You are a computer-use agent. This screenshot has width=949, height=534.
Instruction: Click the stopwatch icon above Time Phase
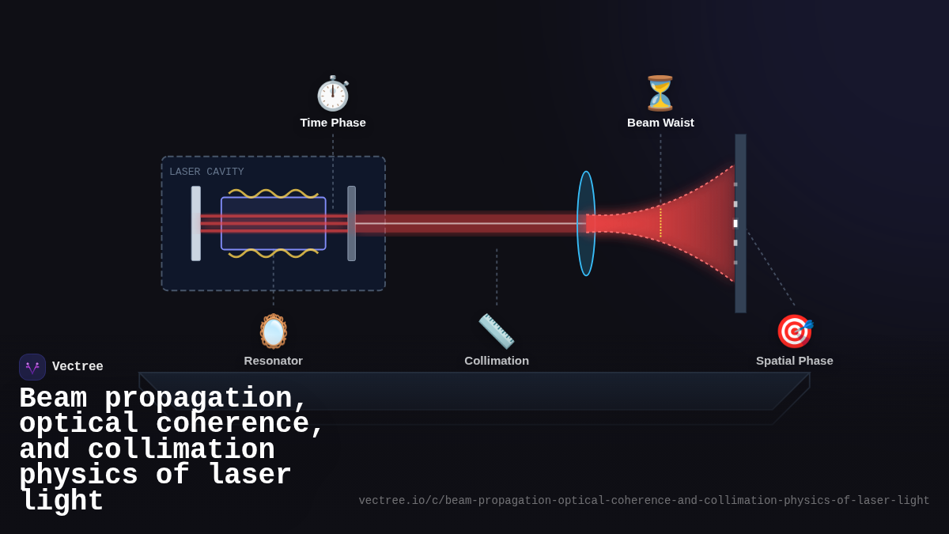(x=333, y=93)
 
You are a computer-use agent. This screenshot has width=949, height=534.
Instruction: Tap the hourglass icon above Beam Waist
(x=660, y=93)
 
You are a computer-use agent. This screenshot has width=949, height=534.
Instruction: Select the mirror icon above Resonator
(x=274, y=331)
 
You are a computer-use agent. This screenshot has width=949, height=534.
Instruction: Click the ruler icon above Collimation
(x=497, y=331)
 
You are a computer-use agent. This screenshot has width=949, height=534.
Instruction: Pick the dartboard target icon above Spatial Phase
(x=794, y=331)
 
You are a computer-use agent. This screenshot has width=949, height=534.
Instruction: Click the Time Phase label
(x=333, y=123)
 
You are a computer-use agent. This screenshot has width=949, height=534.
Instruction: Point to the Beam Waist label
(x=660, y=123)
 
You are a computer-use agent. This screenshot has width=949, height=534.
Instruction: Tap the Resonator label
(x=274, y=361)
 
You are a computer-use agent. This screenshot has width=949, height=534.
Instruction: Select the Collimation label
(x=497, y=361)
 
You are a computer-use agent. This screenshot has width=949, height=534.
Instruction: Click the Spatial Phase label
(x=794, y=361)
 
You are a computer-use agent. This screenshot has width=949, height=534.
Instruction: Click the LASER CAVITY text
(x=206, y=172)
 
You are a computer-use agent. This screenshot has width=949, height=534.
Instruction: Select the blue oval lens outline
(x=586, y=223)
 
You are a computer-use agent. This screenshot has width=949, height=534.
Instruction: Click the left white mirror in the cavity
(x=196, y=223)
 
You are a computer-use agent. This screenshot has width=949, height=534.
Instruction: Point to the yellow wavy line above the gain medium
(x=274, y=193)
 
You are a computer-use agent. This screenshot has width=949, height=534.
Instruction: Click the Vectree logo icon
(x=32, y=367)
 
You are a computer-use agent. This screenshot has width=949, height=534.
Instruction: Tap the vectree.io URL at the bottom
(x=644, y=501)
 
